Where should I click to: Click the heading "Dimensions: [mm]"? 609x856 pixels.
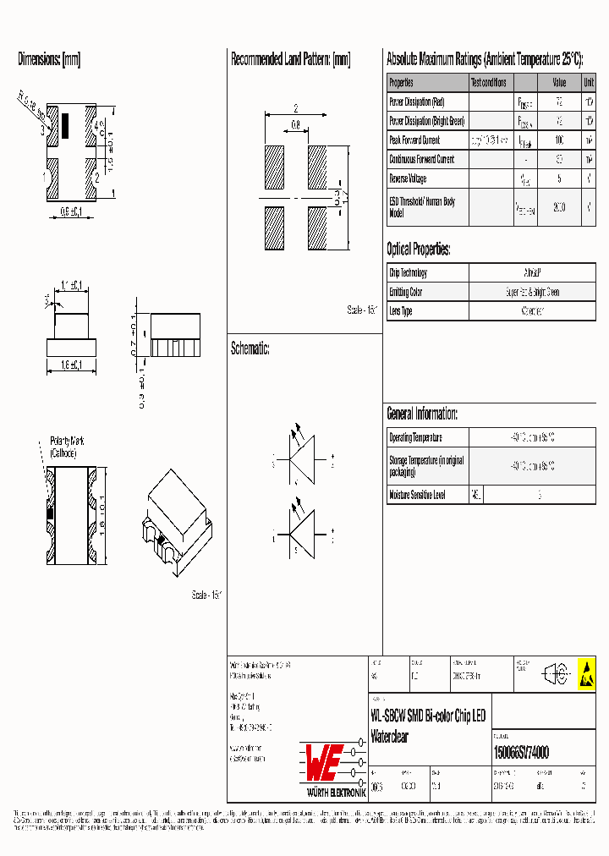(49, 60)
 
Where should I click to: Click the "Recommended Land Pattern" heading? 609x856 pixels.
(290, 60)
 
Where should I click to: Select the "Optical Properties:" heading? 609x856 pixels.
(418, 250)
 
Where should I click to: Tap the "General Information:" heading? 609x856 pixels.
(422, 414)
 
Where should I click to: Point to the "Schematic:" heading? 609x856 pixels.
(250, 348)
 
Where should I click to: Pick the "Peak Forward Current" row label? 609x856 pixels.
(414, 140)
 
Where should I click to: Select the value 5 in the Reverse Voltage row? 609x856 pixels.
(558, 178)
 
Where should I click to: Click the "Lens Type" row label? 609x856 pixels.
(401, 311)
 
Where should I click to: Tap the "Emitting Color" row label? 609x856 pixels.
(406, 292)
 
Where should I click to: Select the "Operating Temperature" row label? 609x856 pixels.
(415, 437)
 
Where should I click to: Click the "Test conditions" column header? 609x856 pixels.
(489, 83)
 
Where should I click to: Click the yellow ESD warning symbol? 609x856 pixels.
(585, 674)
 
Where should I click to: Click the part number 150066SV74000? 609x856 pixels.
(521, 753)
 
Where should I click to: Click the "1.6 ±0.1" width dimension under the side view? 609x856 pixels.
(70, 365)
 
